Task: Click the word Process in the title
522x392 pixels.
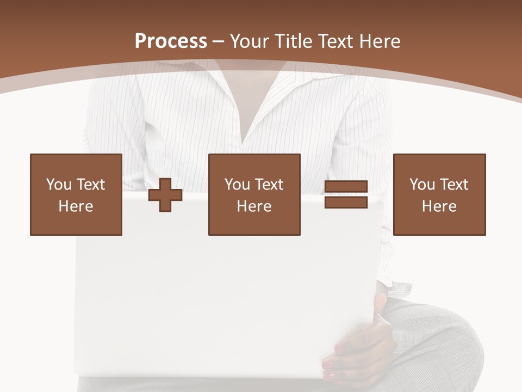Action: (171, 41)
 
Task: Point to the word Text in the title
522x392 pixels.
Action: (335, 41)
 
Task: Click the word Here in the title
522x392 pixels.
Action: (380, 41)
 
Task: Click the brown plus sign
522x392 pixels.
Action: (165, 195)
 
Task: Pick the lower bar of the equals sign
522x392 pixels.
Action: (346, 202)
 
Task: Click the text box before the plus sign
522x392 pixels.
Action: (76, 194)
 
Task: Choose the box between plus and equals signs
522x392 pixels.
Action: (254, 194)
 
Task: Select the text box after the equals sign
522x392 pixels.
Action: (439, 194)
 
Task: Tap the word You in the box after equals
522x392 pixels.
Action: (422, 185)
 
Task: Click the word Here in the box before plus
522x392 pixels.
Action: (76, 206)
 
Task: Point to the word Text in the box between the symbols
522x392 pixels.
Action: (269, 185)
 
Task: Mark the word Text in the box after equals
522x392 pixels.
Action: (454, 185)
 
